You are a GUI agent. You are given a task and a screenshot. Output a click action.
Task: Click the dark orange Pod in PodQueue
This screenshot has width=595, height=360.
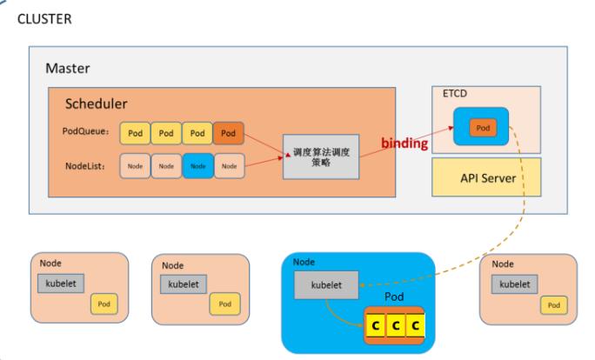point(228,134)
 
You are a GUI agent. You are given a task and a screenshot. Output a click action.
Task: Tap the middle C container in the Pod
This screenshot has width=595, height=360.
point(395,326)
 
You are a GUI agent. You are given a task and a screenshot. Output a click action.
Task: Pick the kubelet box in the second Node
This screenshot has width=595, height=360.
point(184,283)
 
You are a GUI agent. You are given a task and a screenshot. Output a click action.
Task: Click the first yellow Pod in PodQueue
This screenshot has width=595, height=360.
point(134,134)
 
